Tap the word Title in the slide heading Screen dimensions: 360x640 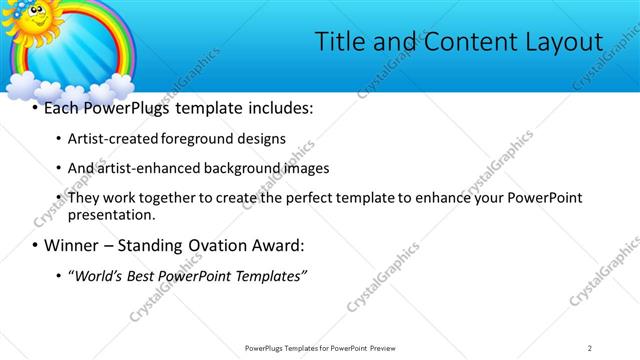coord(340,41)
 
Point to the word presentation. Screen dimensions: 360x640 coord(111,214)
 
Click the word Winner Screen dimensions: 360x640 coord(70,245)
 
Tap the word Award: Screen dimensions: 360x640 coord(275,245)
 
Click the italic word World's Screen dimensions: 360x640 coord(97,275)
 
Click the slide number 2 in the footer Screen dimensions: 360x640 coord(590,347)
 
